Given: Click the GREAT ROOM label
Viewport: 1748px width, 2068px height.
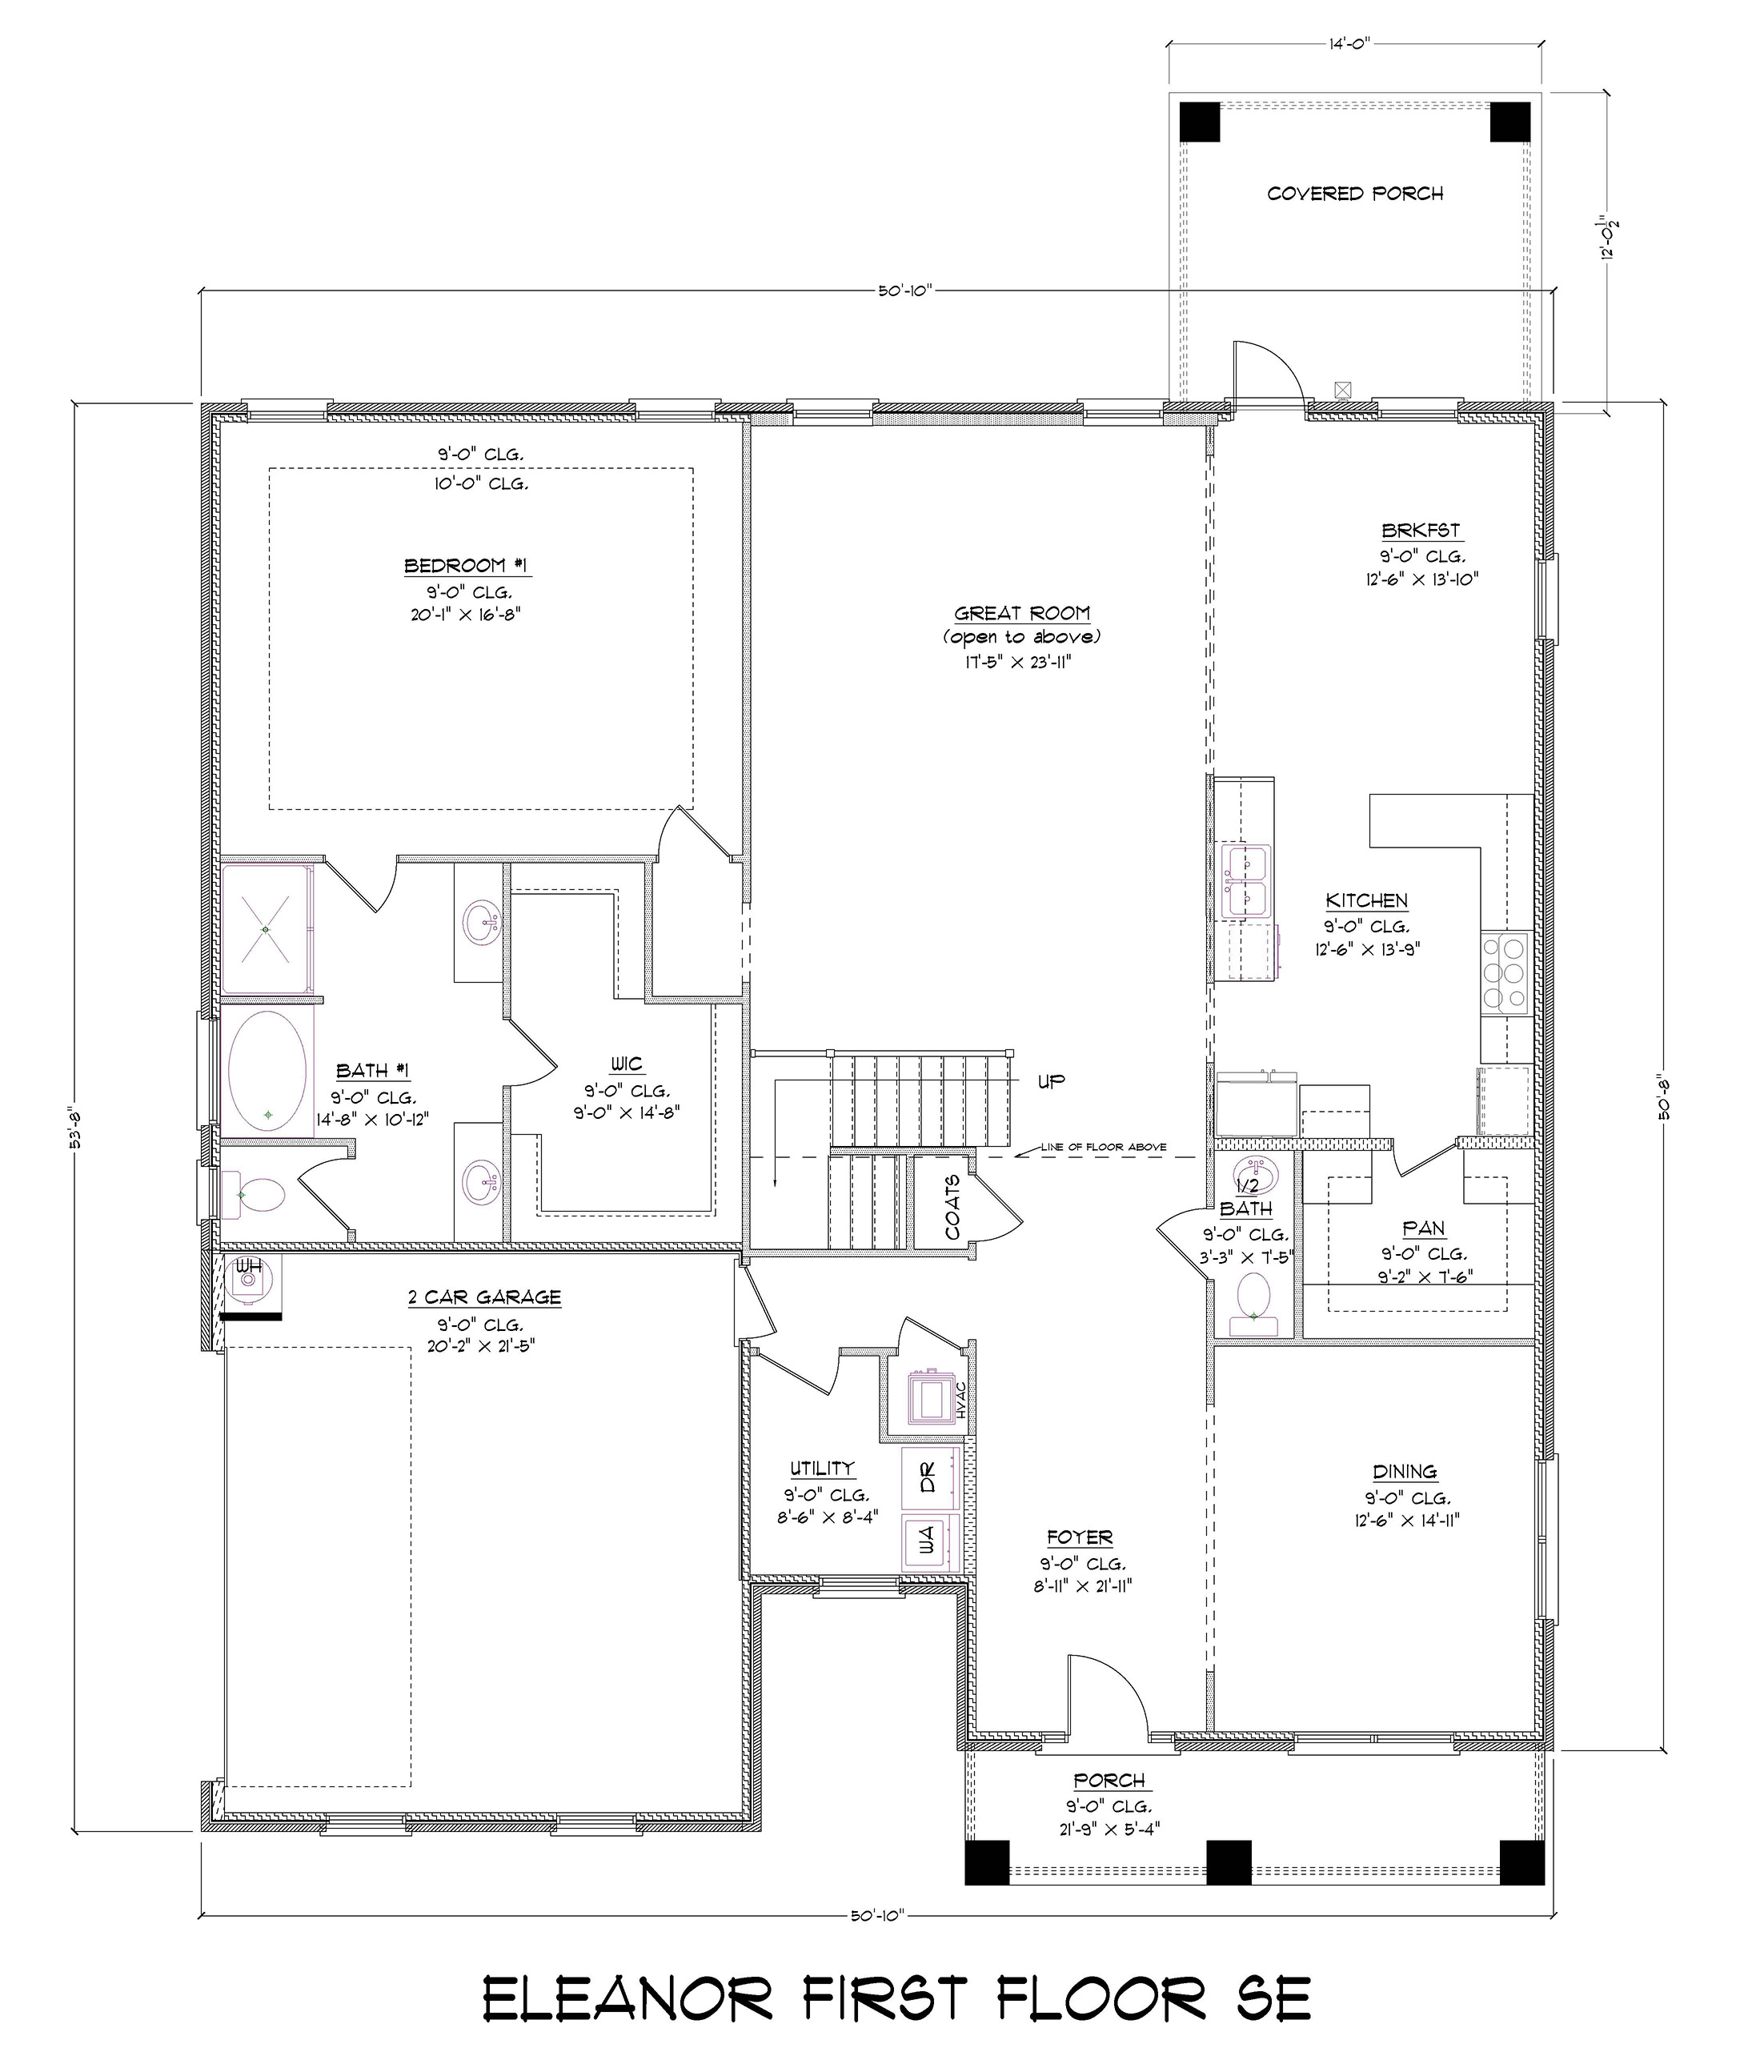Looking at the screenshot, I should (x=1021, y=613).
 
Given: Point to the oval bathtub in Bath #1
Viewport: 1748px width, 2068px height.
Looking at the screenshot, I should (x=267, y=1071).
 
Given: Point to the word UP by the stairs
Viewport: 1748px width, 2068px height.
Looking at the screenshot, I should (x=1052, y=1081).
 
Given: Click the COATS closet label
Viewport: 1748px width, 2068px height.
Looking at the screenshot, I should (x=952, y=1207).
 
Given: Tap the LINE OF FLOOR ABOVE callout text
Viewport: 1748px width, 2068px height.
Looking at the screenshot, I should (x=1103, y=1148).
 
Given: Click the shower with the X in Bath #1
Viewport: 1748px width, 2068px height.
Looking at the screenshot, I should (x=266, y=928).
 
